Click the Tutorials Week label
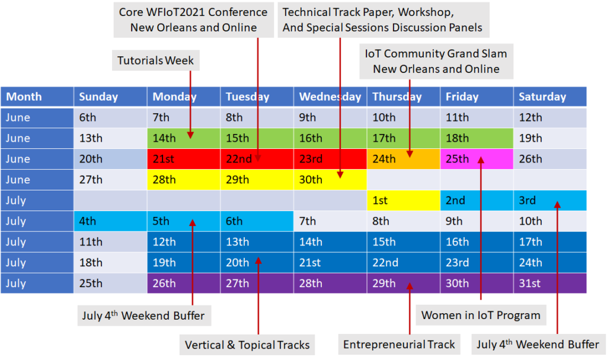(x=156, y=60)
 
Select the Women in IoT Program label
(x=481, y=315)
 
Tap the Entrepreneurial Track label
(x=399, y=344)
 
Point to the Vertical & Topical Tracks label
(x=247, y=345)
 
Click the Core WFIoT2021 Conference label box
(x=194, y=20)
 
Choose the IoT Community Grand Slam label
(x=436, y=61)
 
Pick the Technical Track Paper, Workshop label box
(x=382, y=20)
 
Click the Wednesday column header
(x=330, y=97)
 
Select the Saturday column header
(x=550, y=97)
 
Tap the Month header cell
(x=37, y=97)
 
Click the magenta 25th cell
(x=477, y=159)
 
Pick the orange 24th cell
(x=404, y=159)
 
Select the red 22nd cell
(x=257, y=159)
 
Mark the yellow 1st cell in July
(x=404, y=200)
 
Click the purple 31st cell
(x=550, y=283)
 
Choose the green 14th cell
(x=184, y=138)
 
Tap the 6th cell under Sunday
(x=110, y=117)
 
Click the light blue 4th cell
(x=110, y=221)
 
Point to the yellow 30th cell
(x=330, y=180)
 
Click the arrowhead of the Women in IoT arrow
(x=481, y=160)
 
